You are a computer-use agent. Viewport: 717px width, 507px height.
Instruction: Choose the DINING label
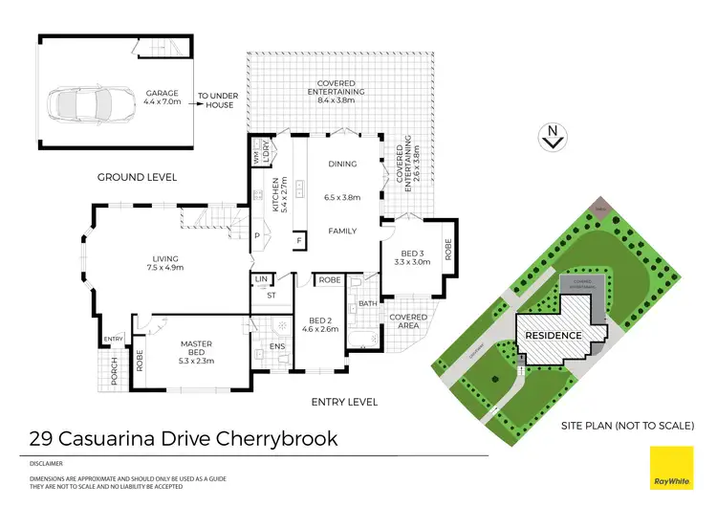[x=341, y=164]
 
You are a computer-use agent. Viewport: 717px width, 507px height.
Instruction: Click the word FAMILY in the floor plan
[x=342, y=231]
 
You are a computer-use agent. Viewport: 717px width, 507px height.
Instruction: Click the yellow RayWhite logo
[x=672, y=469]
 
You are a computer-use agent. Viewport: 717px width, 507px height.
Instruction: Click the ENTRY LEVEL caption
[x=344, y=402]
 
